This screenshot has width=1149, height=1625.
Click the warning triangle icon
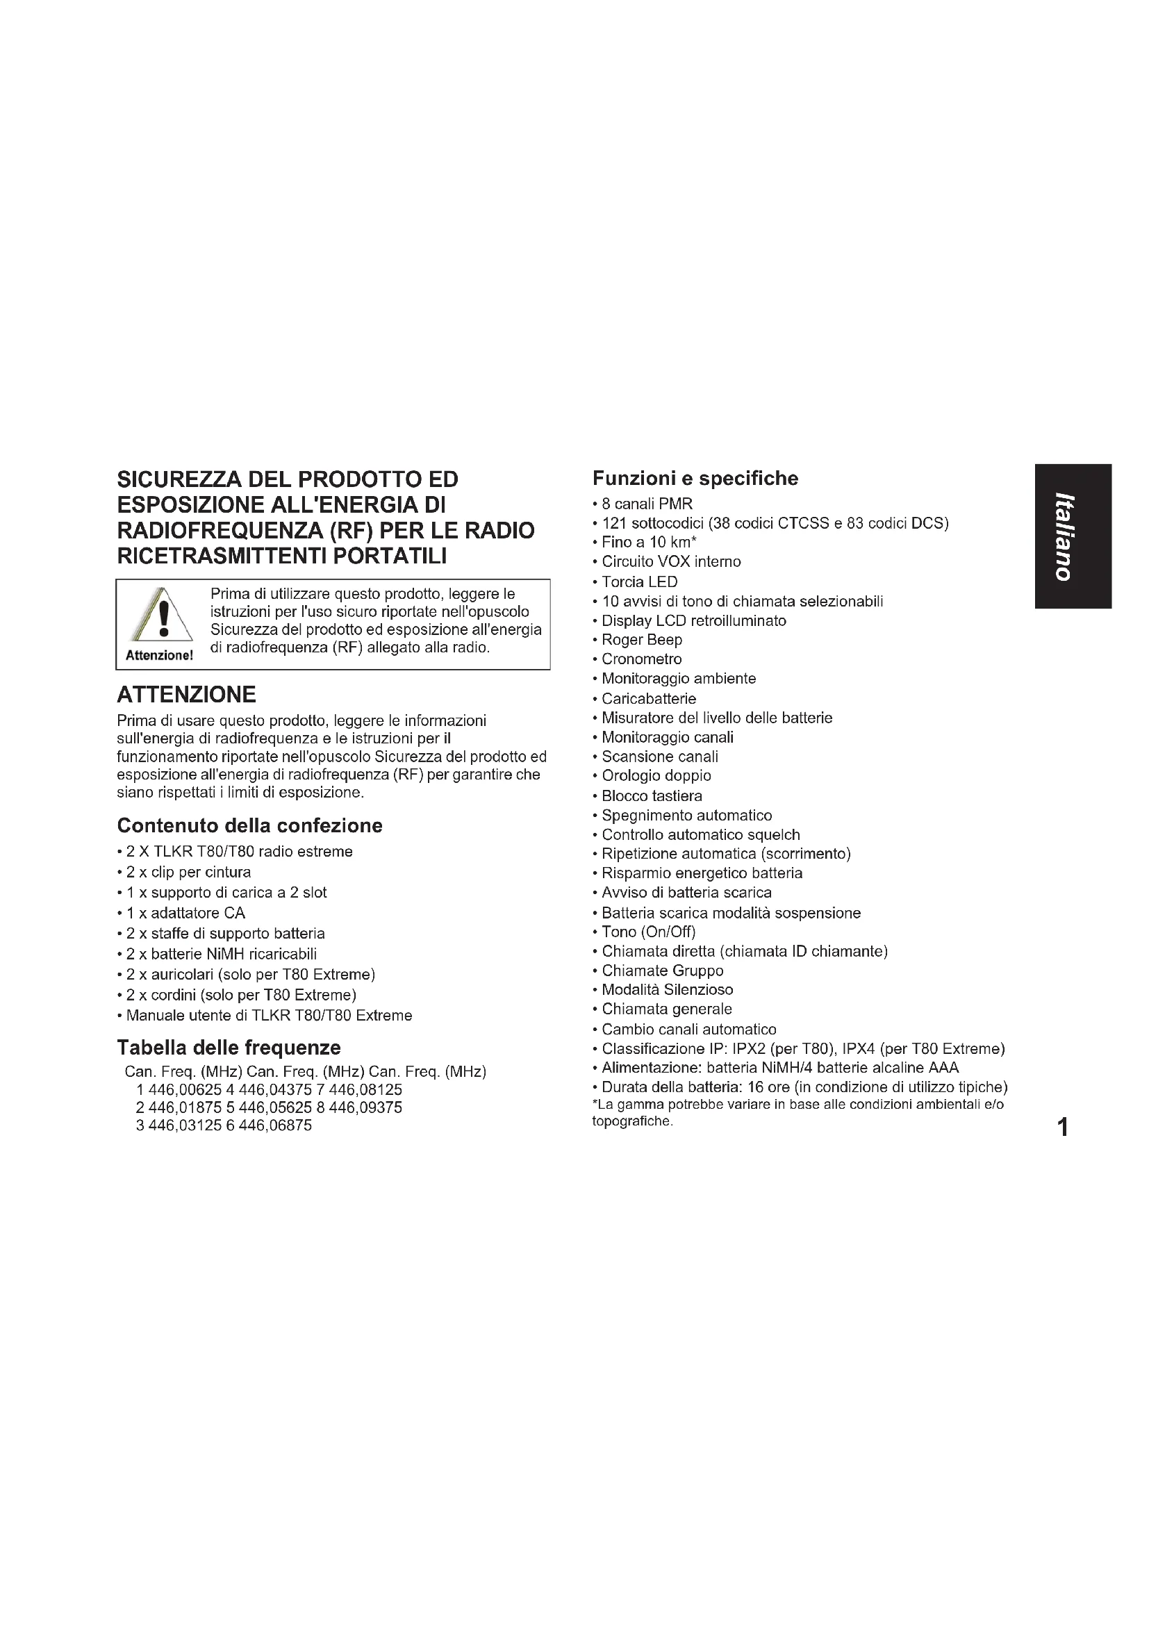160,614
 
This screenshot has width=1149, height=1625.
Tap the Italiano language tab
1073,536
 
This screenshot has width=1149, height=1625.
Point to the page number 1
1062,1127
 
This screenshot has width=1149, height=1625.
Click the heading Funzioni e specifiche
695,479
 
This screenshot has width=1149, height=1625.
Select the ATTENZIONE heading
186,694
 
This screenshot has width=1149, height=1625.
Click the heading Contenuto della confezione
249,825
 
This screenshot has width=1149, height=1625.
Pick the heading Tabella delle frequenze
229,1048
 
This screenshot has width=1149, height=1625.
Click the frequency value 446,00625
185,1090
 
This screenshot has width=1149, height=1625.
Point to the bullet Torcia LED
639,581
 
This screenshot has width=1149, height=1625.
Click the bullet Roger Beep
641,640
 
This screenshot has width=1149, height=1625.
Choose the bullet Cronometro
641,659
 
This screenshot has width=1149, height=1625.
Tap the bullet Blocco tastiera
651,796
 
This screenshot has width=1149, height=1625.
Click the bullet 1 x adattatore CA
185,913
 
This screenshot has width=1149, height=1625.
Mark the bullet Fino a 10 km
648,543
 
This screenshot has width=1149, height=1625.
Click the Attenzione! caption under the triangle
159,655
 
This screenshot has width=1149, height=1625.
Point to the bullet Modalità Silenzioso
666,989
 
